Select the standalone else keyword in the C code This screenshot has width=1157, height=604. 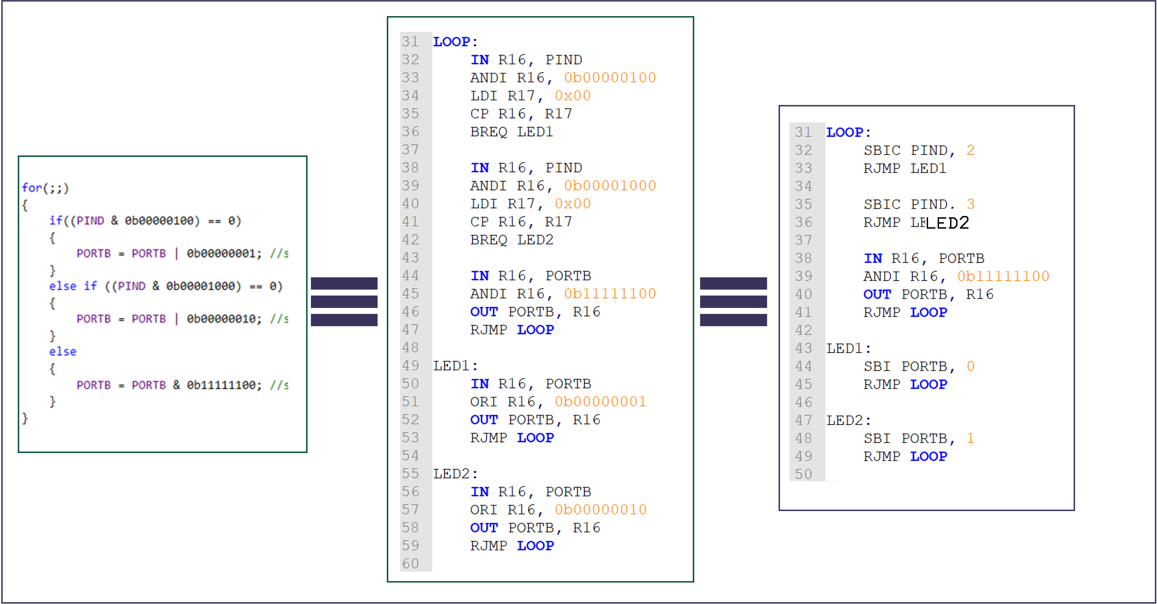tap(62, 351)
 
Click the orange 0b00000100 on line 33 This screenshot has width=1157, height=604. tap(609, 78)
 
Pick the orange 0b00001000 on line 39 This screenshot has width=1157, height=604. tap(609, 186)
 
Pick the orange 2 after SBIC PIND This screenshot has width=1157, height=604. tap(970, 150)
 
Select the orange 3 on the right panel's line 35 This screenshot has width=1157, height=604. tap(970, 204)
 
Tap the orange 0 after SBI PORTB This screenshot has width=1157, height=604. tap(970, 366)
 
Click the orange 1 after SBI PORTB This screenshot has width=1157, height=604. tap(970, 438)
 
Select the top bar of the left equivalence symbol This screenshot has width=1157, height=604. tap(344, 283)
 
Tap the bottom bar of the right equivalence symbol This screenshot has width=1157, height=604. tap(733, 320)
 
